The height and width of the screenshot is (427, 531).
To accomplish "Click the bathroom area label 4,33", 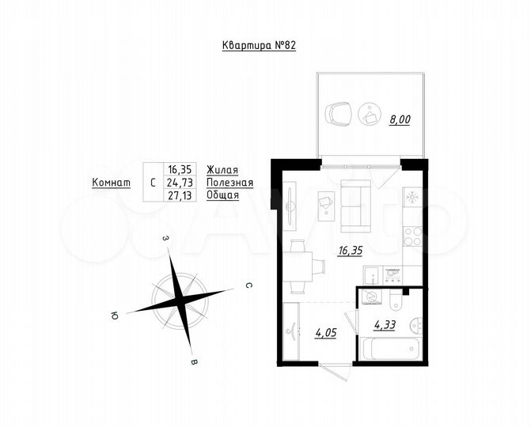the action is pyautogui.click(x=385, y=323).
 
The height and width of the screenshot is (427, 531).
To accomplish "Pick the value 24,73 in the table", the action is pyautogui.click(x=180, y=182).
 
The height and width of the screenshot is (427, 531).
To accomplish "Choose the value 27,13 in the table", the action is pyautogui.click(x=180, y=195).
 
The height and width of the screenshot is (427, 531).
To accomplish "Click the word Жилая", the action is pyautogui.click(x=222, y=169).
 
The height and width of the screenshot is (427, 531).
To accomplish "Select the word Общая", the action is pyautogui.click(x=222, y=195).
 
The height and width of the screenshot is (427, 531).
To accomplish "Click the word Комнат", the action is pyautogui.click(x=111, y=182).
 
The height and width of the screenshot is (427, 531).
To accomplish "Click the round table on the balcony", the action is pyautogui.click(x=369, y=115).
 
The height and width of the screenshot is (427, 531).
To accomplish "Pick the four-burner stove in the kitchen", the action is pyautogui.click(x=412, y=235).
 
